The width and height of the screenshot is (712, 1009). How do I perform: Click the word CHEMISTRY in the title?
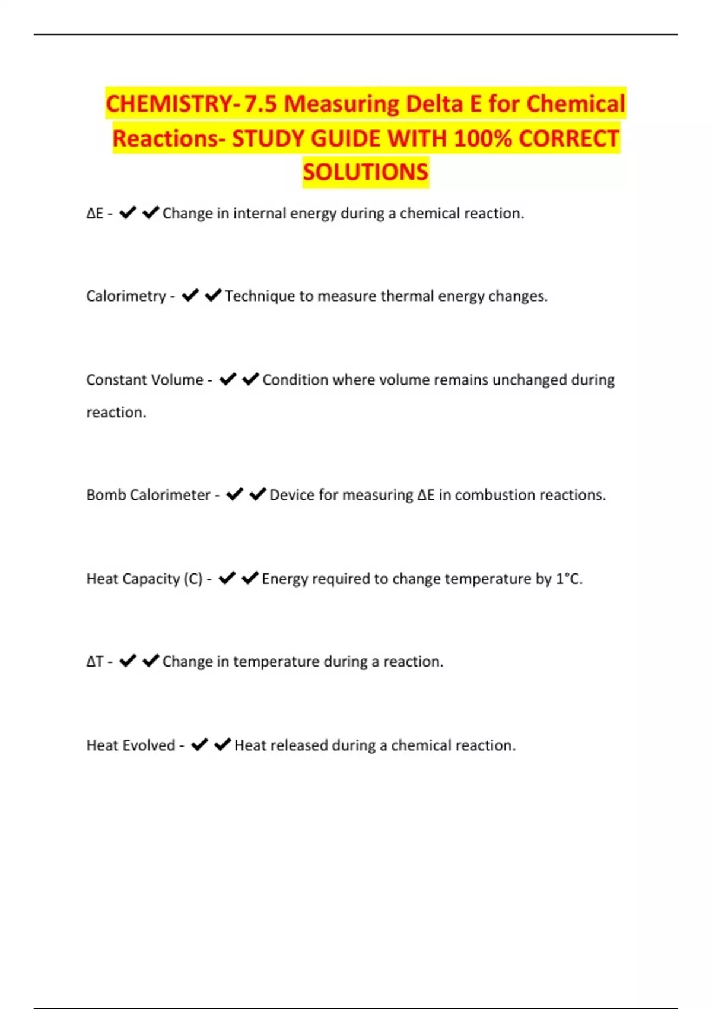coord(169,104)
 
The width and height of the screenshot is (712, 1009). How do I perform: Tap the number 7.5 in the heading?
coord(260,104)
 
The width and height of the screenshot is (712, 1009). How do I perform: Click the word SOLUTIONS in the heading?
coord(365,172)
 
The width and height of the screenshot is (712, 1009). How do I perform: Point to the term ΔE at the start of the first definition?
coord(95,213)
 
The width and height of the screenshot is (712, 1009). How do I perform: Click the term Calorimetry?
coord(126,296)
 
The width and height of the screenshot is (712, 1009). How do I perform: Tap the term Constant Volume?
coord(145,379)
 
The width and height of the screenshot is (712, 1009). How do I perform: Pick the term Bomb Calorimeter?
coord(148,494)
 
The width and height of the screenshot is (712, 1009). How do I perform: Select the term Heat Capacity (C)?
coord(144,578)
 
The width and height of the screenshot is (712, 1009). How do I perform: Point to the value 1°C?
coord(568,578)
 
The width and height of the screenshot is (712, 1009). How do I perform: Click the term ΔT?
coord(95,661)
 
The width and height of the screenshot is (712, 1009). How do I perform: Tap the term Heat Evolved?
coord(131,745)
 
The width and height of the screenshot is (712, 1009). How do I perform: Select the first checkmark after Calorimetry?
coord(190,295)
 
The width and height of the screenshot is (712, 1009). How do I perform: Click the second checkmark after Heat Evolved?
coord(223,744)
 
